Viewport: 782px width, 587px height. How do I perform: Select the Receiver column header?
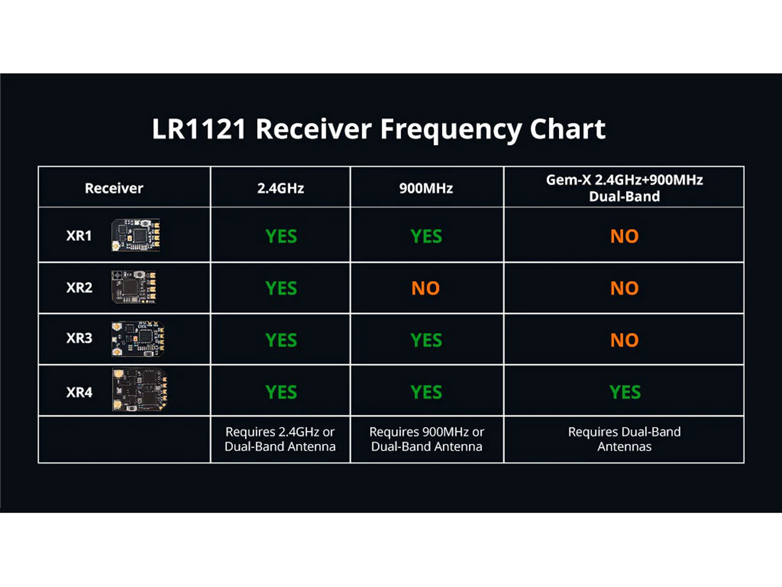point(114,188)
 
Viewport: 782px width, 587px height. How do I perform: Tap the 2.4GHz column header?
point(280,188)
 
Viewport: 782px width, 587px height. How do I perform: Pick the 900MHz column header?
point(426,188)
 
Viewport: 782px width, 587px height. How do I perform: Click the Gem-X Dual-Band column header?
point(624,188)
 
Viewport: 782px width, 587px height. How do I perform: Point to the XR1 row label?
point(79,236)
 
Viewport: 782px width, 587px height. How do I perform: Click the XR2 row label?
point(79,287)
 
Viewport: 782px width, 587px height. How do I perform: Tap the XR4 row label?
point(79,392)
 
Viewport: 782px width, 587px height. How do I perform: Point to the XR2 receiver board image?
point(134,287)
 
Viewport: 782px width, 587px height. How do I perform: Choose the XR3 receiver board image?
point(138,339)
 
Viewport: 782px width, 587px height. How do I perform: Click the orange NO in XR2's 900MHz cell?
point(425,288)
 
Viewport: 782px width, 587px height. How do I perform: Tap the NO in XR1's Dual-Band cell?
point(624,236)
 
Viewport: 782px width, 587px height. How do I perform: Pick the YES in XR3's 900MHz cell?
point(426,340)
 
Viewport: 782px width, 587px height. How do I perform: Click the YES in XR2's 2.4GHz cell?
point(281,288)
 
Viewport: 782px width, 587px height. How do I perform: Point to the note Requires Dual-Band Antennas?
point(624,439)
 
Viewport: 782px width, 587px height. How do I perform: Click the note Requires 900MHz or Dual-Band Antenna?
point(426,439)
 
